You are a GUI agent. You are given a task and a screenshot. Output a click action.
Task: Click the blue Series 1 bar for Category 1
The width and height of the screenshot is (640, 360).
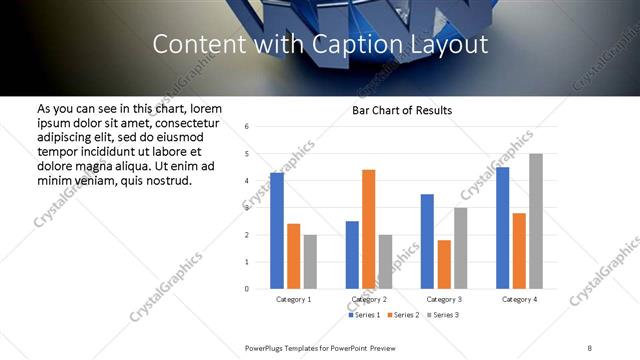pos(277,231)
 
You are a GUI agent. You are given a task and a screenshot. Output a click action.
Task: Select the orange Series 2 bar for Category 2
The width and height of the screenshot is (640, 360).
pos(368,229)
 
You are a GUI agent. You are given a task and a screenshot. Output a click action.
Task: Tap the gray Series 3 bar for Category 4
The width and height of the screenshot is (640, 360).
pos(536,221)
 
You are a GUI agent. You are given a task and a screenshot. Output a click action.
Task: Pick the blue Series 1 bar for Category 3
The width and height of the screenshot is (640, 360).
pos(427,241)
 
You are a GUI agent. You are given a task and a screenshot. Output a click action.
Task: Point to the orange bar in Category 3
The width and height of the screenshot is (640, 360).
pos(444,264)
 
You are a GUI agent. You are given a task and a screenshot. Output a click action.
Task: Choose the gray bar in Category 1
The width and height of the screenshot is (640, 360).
pos(310,261)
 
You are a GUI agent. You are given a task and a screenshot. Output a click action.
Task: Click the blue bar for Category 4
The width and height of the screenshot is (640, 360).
pos(503,228)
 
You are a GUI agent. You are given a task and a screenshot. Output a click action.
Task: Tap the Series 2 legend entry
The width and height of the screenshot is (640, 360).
pos(403,315)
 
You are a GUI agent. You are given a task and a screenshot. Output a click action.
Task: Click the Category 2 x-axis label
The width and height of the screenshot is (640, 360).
pos(369,299)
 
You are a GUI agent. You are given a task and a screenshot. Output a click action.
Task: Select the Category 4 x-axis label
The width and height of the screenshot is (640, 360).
pos(520,299)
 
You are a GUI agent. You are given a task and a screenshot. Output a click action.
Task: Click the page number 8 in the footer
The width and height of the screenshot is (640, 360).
pos(589,347)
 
